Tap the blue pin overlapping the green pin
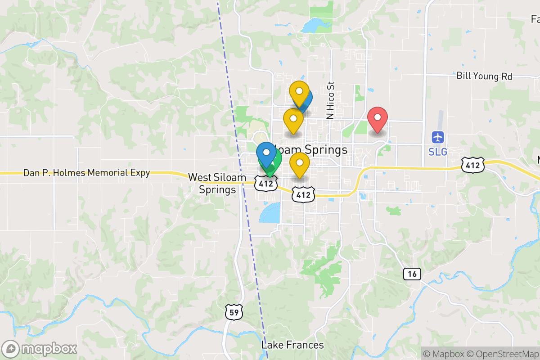266,153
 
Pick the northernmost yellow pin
299,93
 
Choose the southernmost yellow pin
299,164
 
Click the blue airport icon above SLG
438,137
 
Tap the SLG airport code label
438,152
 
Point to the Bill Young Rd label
484,76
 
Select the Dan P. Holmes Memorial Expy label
86,172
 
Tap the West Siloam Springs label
218,183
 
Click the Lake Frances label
292,345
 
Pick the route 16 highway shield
412,273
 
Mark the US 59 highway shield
234,311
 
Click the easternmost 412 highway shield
472,165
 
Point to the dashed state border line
243,202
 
